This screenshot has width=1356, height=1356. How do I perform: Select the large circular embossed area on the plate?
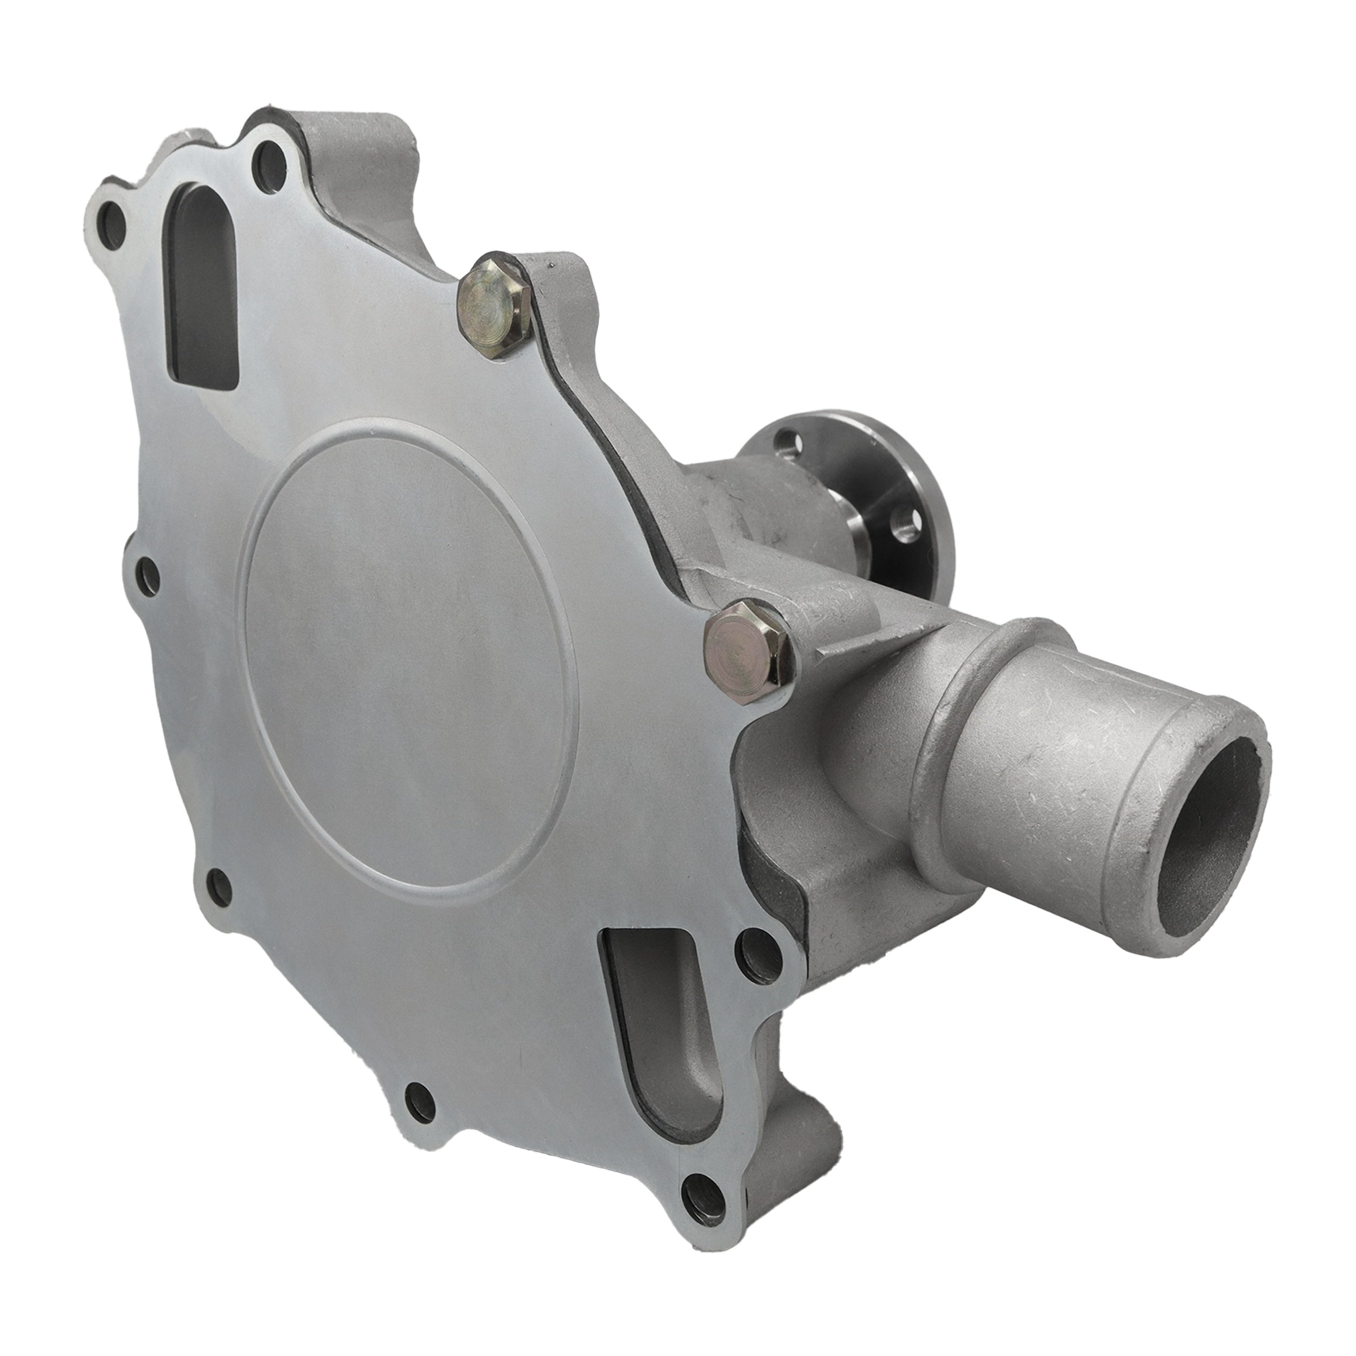coord(407,653)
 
